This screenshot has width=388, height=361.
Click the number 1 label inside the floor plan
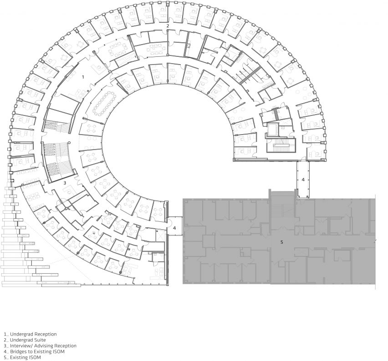(x=83, y=77)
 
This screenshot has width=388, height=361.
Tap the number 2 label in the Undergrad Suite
(x=168, y=26)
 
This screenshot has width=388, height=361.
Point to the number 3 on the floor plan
(x=65, y=183)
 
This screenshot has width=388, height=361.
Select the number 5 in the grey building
(x=281, y=242)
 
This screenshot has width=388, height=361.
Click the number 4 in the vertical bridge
(x=303, y=180)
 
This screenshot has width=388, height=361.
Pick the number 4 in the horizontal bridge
(x=174, y=228)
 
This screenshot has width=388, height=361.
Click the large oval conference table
(x=104, y=103)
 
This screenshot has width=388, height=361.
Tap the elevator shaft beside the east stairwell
(x=273, y=130)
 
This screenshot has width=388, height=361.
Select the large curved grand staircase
(x=58, y=161)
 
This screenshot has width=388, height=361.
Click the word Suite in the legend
(x=40, y=340)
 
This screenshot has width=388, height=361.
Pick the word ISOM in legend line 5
(x=35, y=357)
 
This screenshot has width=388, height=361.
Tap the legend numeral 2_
(x=6, y=340)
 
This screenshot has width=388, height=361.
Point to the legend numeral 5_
(x=6, y=357)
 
